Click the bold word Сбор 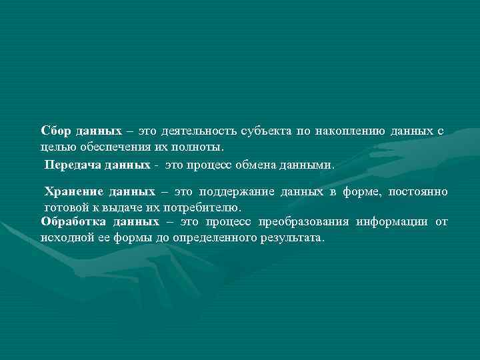point(54,131)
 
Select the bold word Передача point(69,163)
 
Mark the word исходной point(63,237)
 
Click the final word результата point(292,237)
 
